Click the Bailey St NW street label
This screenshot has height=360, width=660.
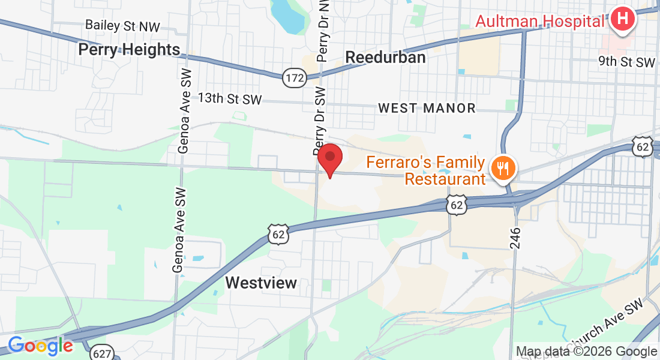pos(123,25)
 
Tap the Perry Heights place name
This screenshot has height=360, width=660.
pos(129,49)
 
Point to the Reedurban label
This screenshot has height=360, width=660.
pos(386,58)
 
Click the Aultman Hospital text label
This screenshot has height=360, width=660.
pos(540,21)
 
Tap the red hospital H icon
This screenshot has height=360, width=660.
pos(623,19)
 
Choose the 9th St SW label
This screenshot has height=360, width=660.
pos(626,62)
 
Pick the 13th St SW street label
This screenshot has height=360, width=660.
pos(230,99)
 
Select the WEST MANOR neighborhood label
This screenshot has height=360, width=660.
pos(427,109)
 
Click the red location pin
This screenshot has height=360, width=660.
pos(329,160)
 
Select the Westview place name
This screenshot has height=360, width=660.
pos(261,283)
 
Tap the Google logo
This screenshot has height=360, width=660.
pos(40,346)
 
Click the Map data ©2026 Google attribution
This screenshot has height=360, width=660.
pos(586,352)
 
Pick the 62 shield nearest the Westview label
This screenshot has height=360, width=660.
pos(280,233)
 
